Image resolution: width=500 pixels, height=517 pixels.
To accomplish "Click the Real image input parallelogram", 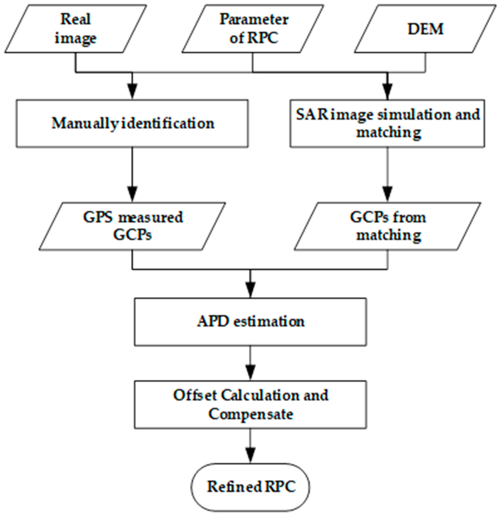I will point(75,29).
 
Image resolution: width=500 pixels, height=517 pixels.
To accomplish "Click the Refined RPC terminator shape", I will point(250,487).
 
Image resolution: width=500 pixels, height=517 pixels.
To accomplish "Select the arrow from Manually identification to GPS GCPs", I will point(132,174).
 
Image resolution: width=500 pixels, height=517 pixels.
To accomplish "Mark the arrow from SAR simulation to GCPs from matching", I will point(387,174).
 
